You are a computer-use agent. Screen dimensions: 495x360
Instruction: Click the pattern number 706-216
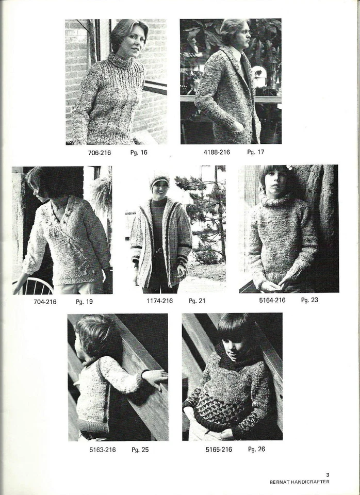99,153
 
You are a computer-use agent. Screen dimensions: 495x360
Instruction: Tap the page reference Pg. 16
139,153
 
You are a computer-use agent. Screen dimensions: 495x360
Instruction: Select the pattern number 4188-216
217,152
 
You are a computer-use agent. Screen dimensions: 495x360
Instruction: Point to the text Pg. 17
255,152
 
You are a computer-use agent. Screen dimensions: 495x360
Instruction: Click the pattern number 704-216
45,302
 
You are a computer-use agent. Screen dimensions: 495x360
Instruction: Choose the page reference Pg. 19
84,302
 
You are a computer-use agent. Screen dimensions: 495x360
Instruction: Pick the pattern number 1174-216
160,301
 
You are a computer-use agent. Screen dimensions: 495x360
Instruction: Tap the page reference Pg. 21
197,301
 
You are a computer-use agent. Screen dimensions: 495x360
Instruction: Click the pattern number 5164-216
272,300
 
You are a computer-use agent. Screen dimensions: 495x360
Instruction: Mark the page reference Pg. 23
309,300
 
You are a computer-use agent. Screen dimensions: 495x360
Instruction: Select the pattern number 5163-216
102,450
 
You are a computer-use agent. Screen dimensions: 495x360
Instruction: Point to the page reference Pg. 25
140,450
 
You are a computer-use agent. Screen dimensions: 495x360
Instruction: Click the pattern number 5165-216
219,450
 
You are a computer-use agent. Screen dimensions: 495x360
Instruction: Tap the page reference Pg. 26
256,449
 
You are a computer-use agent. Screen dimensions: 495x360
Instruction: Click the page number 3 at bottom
328,475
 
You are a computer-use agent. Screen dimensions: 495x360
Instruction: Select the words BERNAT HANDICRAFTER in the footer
299,482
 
